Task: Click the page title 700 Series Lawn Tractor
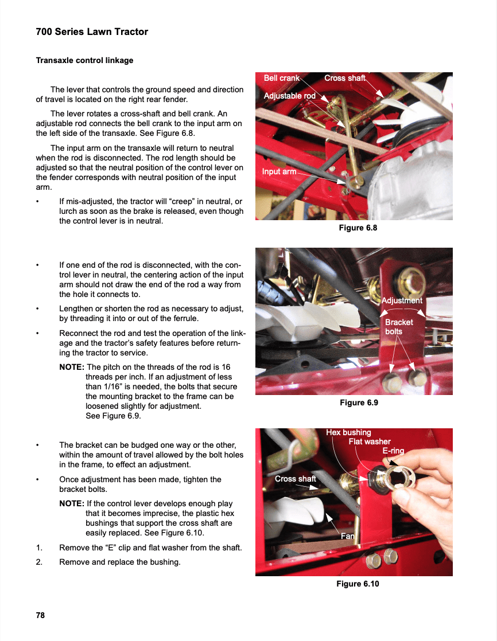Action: point(92,32)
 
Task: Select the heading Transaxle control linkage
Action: point(84,60)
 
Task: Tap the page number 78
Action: point(40,615)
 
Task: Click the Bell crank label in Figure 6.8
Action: point(281,78)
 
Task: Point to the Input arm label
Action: point(279,171)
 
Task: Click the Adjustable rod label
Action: point(289,96)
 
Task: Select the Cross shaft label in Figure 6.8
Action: point(344,78)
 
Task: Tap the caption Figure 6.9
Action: point(359,402)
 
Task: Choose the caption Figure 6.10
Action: point(358,584)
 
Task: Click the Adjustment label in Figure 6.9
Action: point(402,300)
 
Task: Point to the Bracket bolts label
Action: point(399,327)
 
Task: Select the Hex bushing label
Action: point(348,432)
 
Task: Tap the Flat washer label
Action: point(370,441)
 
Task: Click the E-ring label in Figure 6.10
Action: point(393,451)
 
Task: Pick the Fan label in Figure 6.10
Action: point(348,536)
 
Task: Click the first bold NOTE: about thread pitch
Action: point(72,367)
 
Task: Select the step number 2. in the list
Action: point(40,562)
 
